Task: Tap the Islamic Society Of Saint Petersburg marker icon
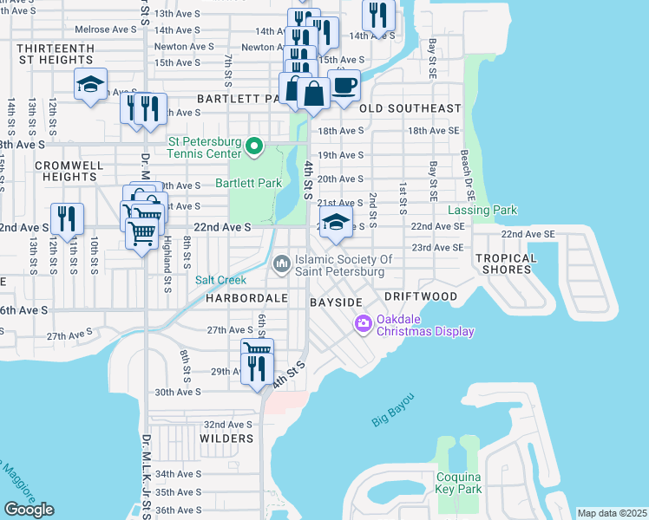(x=281, y=263)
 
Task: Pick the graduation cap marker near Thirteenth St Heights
(x=90, y=85)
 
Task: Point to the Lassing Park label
(x=482, y=211)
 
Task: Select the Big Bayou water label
(x=392, y=409)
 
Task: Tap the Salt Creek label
(x=221, y=280)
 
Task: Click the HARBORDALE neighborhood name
(x=246, y=298)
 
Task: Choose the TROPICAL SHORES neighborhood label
(x=503, y=264)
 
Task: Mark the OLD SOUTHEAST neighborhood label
(x=410, y=108)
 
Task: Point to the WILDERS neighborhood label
(x=226, y=439)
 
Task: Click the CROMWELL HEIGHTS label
(x=69, y=171)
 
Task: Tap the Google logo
(x=29, y=510)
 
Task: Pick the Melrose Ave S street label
(x=105, y=29)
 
